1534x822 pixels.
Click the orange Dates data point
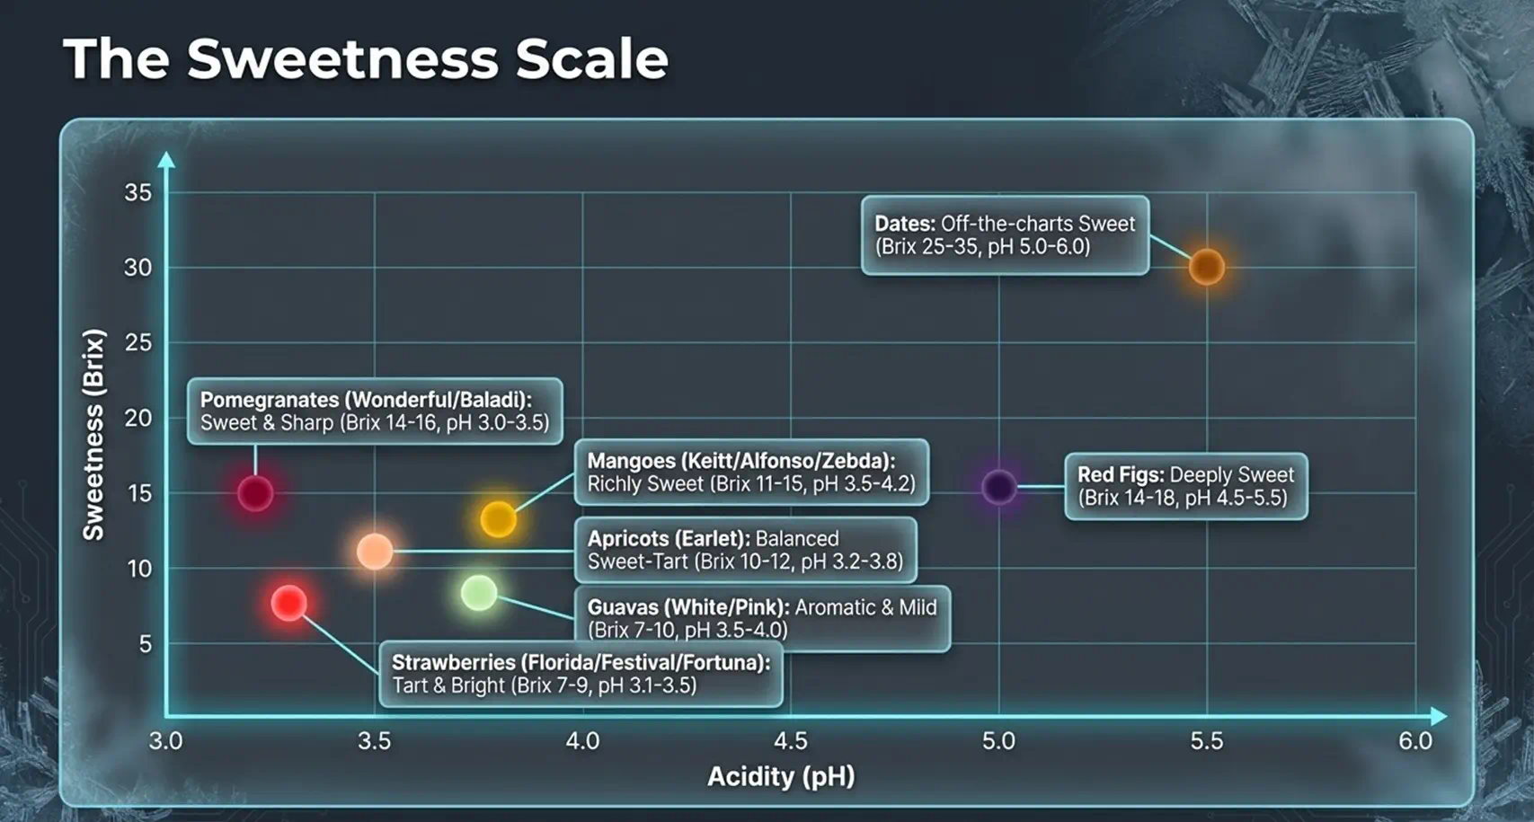click(x=1207, y=267)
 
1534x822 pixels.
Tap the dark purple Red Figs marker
click(x=999, y=487)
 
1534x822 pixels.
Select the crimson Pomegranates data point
click(x=255, y=493)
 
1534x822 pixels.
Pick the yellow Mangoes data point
click(x=498, y=518)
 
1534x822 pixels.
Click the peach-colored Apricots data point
click(x=375, y=552)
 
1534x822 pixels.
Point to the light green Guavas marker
click(x=479, y=593)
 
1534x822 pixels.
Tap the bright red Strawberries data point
click(x=288, y=603)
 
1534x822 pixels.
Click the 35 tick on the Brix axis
click(x=137, y=193)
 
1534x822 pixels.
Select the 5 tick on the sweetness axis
click(x=146, y=644)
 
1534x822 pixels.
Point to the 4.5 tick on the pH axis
click(x=790, y=740)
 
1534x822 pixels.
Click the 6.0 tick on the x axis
click(x=1414, y=740)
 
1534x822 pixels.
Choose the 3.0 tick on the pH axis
click(x=165, y=740)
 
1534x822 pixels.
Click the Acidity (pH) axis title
click(x=781, y=777)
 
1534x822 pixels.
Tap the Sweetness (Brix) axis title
click(x=93, y=435)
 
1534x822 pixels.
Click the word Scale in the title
click(x=591, y=59)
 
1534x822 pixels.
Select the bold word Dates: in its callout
click(x=905, y=224)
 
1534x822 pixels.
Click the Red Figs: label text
click(x=1121, y=475)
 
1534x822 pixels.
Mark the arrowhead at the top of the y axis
click(x=166, y=160)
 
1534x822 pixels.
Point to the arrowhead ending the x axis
click(x=1439, y=716)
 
